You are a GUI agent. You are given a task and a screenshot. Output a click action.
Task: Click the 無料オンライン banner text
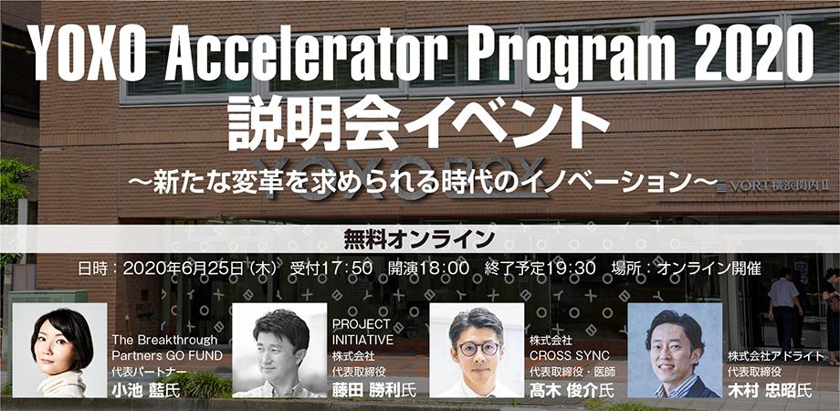[x=419, y=239]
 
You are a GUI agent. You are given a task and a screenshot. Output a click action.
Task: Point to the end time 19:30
[x=570, y=268]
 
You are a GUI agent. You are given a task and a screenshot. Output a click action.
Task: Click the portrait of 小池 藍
[x=59, y=351]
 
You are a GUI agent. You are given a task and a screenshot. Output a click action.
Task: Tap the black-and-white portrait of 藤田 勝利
[x=279, y=351]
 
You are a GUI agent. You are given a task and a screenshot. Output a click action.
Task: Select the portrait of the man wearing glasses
[x=477, y=351]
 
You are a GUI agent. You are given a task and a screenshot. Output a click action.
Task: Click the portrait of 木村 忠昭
[x=675, y=351]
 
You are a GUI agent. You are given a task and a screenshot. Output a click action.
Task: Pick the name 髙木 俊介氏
[x=572, y=390]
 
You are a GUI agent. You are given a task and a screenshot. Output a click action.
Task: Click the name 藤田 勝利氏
[x=374, y=390]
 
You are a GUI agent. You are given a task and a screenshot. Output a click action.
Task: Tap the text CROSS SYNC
[x=570, y=356]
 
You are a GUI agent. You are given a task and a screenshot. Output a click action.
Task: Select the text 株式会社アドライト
[x=775, y=356]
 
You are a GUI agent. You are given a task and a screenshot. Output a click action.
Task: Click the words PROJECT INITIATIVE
[x=362, y=332]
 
